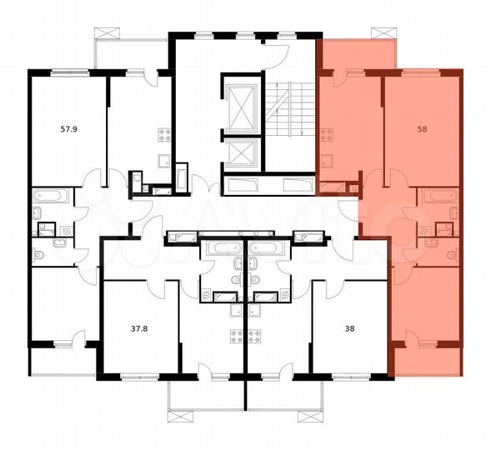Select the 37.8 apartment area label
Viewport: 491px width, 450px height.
coord(139,327)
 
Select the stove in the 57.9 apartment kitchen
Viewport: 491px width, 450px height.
coord(164,133)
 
